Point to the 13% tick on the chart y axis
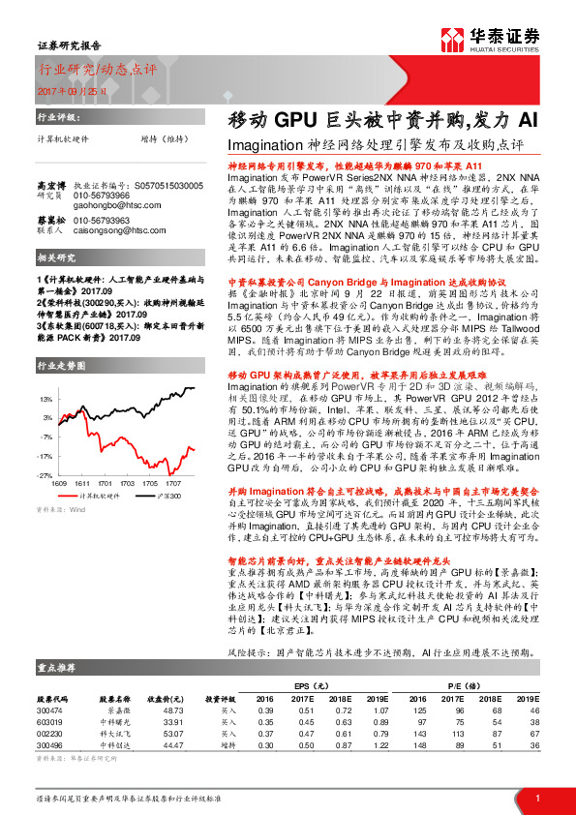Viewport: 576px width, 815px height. [45, 398]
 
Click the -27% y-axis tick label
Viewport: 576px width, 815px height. [45, 475]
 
